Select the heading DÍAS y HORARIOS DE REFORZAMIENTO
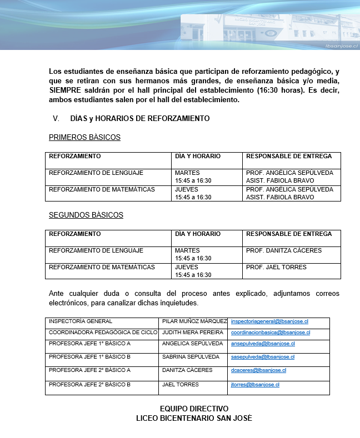pos(140,118)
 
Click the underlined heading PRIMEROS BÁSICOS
pos(84,137)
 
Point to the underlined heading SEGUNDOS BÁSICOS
pos(86,215)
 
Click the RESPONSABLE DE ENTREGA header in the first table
pos(289,157)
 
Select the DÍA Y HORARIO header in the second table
pos(198,234)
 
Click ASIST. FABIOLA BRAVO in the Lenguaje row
pos(280,181)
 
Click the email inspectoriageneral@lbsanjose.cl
pos(269,321)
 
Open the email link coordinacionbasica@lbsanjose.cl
pos(270,333)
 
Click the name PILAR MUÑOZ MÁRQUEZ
pos(194,321)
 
